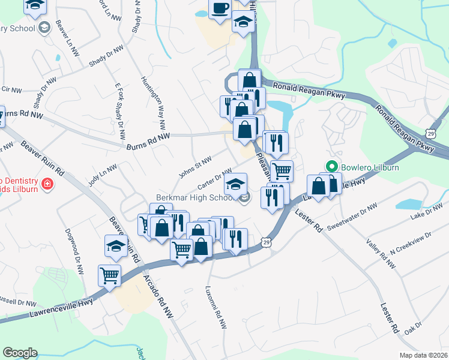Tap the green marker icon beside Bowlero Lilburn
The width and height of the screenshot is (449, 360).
click(x=330, y=166)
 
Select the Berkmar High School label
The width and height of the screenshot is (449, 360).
click(x=194, y=197)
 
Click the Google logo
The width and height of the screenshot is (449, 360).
click(x=20, y=353)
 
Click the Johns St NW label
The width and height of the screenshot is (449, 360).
click(x=195, y=168)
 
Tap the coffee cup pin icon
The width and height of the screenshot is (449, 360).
click(x=220, y=8)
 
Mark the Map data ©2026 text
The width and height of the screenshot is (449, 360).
click(x=424, y=355)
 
